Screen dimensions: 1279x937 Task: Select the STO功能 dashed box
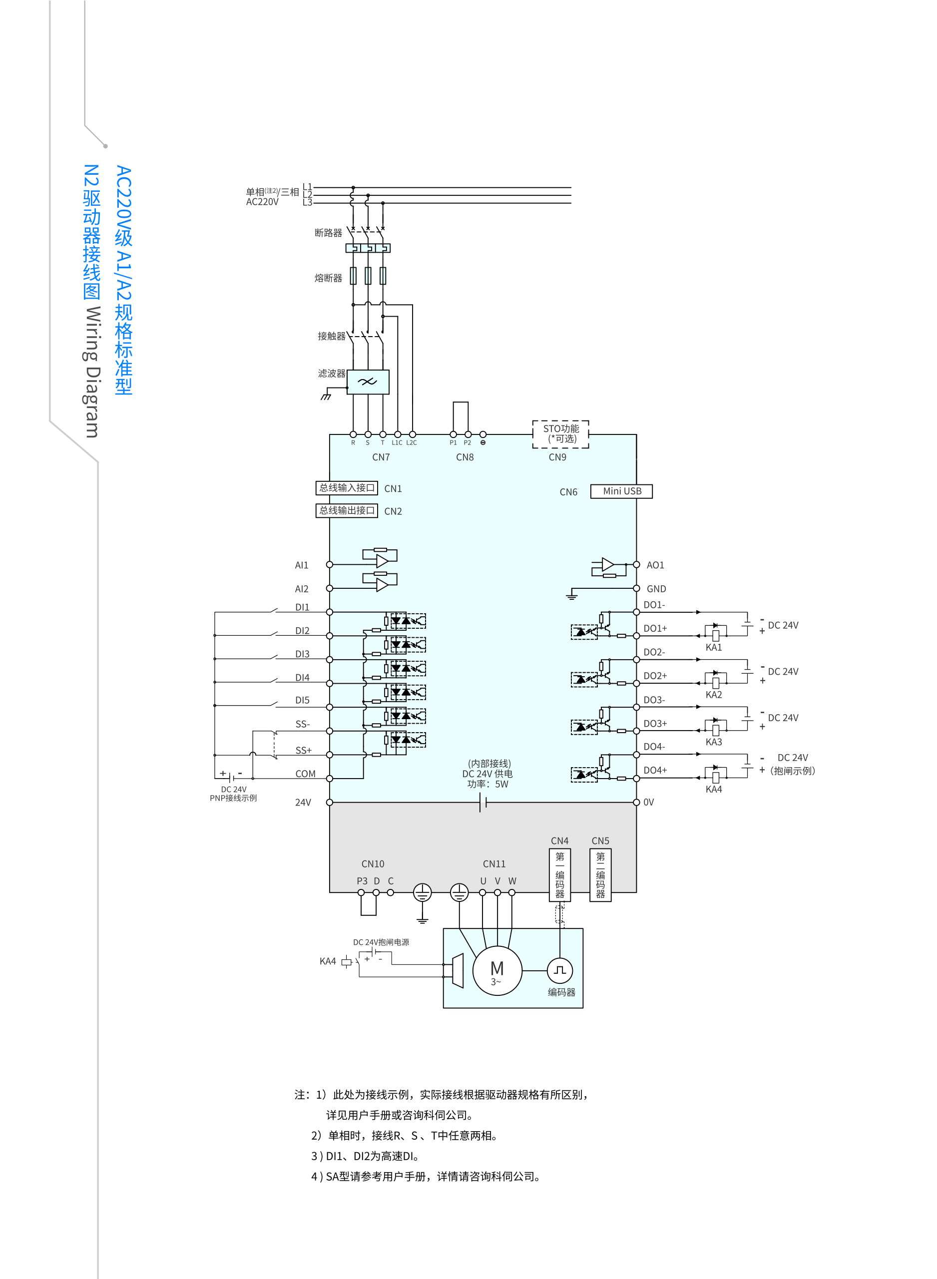560,434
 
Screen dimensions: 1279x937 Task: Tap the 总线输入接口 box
347,488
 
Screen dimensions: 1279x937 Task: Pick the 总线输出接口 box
347,510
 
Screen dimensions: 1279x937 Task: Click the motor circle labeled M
497,970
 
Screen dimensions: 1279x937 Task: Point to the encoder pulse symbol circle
560,970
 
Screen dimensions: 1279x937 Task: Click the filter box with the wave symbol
368,382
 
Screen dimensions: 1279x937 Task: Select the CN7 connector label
381,457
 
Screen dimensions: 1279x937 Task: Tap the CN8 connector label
465,457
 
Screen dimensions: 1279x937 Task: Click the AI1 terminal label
301,565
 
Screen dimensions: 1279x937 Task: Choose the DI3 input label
302,654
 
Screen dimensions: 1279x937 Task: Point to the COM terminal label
305,774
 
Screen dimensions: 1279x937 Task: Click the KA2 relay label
714,695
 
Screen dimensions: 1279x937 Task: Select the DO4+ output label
655,770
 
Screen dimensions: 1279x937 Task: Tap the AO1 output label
655,565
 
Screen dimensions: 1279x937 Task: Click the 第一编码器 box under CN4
560,874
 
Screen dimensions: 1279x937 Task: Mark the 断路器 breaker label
329,233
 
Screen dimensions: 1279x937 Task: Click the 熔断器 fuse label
329,278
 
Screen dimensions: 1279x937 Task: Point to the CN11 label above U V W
494,864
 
